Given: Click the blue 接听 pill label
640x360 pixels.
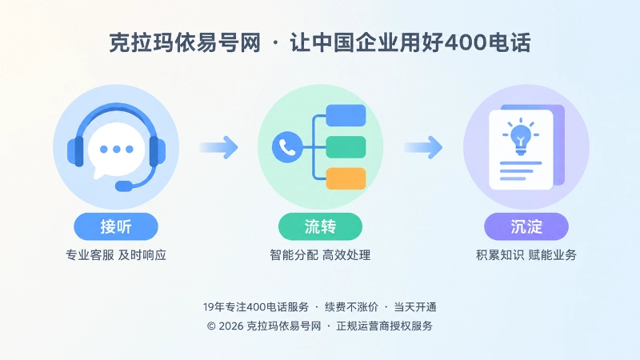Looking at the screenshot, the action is point(116,226).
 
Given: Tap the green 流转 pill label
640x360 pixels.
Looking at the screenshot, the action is point(321,226).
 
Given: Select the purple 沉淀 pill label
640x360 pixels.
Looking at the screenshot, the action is point(526,226).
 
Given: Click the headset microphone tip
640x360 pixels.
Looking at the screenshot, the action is point(124,186).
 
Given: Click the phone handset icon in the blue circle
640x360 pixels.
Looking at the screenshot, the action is point(287,147).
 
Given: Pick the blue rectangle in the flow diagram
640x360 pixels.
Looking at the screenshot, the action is point(346,115).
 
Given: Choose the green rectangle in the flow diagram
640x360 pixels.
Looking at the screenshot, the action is point(346,147).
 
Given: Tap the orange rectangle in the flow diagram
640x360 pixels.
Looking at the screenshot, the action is point(346,178).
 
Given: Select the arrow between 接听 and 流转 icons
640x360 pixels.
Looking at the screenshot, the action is point(218,147).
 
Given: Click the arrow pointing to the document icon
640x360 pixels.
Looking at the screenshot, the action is point(423,147).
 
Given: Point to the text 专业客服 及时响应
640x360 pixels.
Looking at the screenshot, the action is point(116,255).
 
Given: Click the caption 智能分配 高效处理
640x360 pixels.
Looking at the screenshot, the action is point(321,255).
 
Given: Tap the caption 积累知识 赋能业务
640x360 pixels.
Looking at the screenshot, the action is point(526,255).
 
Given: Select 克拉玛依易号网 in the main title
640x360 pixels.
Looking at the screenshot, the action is point(185,42).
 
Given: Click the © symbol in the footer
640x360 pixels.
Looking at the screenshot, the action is point(211,326).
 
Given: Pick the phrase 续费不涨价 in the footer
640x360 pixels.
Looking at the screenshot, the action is point(351,307).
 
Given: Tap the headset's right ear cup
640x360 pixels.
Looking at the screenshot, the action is point(158,151).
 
